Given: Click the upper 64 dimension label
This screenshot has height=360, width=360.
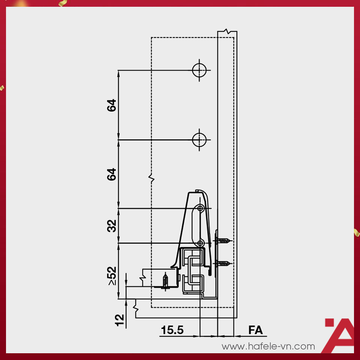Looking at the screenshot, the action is pos(112,105).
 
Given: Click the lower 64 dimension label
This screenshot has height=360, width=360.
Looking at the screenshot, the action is pos(112,174).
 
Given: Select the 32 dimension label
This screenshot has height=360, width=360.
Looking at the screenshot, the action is pos(112,226).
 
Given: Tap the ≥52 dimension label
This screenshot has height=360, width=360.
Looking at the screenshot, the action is pos(112,276).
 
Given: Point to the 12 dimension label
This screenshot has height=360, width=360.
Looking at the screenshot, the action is pos(119,320).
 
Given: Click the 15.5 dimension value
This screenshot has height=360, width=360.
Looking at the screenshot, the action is pos(172,330).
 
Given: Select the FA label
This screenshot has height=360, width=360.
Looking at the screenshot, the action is pos(255,330).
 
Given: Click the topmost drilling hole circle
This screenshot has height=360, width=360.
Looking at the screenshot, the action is pos(199,70).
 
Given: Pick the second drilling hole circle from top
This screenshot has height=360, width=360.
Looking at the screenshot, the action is pos(199,140).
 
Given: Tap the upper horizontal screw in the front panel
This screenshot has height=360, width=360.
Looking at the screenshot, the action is pos(223,241).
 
